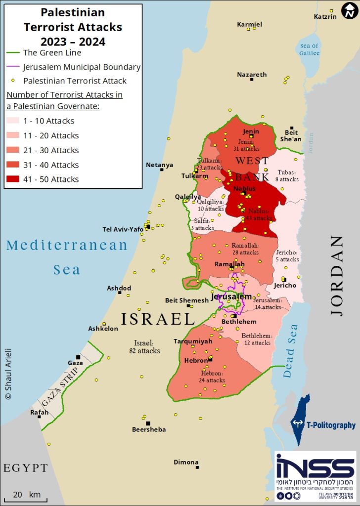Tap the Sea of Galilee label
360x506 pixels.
click(x=310, y=49)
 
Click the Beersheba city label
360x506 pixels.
click(x=149, y=429)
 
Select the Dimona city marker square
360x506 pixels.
click(x=197, y=467)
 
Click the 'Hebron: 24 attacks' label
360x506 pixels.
click(x=213, y=377)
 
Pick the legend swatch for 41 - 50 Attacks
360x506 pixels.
click(x=13, y=179)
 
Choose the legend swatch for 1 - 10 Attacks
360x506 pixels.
click(x=13, y=121)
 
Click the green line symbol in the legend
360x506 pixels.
click(x=13, y=53)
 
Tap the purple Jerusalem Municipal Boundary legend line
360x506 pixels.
click(x=13, y=67)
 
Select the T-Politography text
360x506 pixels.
click(x=331, y=425)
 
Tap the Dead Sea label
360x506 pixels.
click(x=292, y=351)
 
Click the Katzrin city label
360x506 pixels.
click(x=325, y=16)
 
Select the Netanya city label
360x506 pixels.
click(x=160, y=165)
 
